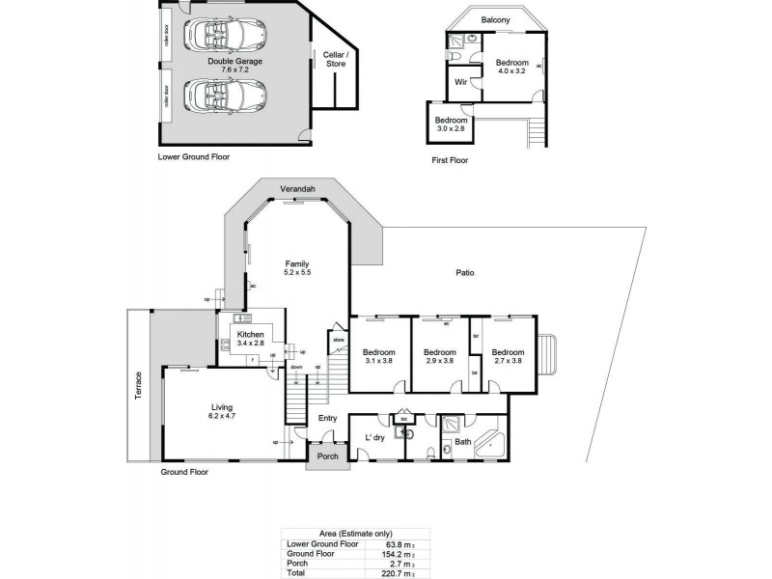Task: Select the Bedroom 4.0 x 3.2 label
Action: [512, 66]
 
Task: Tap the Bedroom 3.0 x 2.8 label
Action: [451, 124]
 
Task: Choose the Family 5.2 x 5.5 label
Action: [296, 268]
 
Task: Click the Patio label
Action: [464, 273]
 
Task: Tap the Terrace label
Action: [138, 387]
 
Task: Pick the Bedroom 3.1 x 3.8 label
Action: [378, 357]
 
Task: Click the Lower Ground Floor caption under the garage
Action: [193, 156]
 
